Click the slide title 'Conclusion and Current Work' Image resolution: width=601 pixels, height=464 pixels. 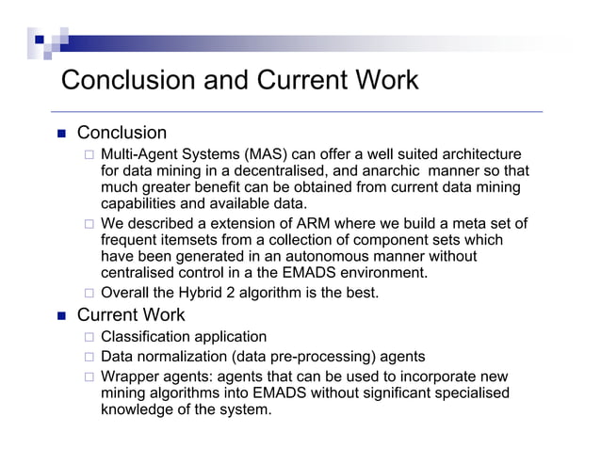point(239,81)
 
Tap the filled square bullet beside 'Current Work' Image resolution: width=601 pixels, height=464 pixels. point(59,315)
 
